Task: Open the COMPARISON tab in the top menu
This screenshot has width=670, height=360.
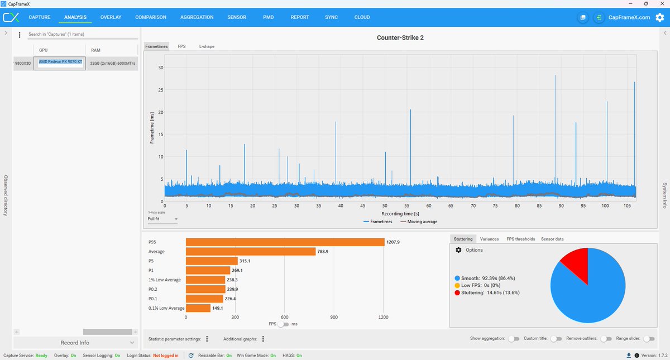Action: coord(150,17)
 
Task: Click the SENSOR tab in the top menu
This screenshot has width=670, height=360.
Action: coord(237,17)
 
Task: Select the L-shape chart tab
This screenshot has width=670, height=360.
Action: coord(207,46)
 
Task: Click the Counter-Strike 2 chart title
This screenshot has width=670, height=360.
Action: coord(400,38)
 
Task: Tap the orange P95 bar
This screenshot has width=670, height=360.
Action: coord(285,242)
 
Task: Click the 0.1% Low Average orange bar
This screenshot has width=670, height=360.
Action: coord(198,308)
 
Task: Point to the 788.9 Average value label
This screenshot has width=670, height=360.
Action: coord(323,252)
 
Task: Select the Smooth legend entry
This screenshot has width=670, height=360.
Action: coord(485,278)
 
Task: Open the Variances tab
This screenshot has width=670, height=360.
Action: coord(489,239)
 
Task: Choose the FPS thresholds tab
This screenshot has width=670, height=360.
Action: coord(520,239)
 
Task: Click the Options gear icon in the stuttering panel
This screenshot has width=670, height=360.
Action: coord(458,250)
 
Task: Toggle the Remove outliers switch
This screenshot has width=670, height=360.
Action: coord(606,339)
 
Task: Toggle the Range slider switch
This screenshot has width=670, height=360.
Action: coord(649,339)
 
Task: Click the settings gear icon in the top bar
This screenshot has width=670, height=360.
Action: coord(659,17)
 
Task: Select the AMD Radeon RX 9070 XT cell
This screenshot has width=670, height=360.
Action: coord(60,63)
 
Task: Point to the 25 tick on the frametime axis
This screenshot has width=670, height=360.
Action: coord(161,90)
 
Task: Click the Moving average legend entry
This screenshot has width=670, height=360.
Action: coord(419,222)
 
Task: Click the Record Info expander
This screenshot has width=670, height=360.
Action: coord(75,343)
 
